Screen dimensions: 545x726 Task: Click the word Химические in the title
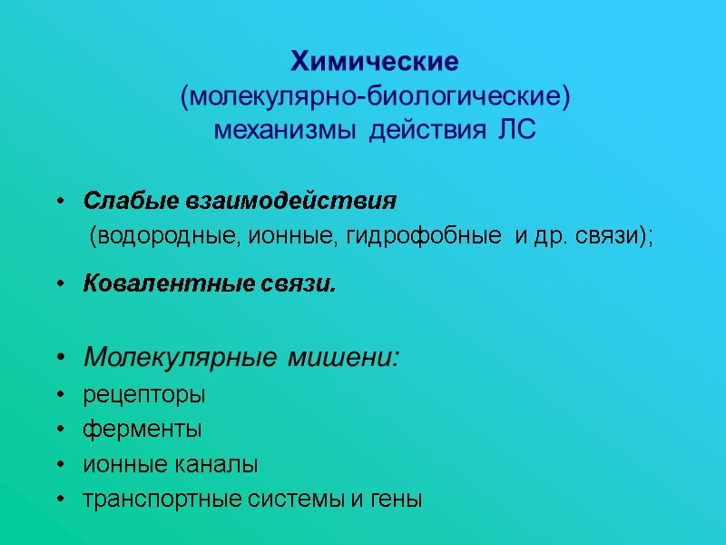[x=375, y=63]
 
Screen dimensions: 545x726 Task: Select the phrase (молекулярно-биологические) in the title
[x=375, y=96]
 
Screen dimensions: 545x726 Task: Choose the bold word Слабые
[x=120, y=200]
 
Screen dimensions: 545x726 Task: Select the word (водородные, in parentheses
[x=163, y=237]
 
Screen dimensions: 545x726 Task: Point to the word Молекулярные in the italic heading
[x=181, y=357]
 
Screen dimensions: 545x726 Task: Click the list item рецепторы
[x=144, y=396]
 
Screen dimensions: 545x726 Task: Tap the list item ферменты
[x=142, y=430]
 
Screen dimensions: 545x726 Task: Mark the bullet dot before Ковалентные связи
[x=61, y=285]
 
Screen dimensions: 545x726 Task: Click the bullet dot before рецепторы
[x=61, y=396]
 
